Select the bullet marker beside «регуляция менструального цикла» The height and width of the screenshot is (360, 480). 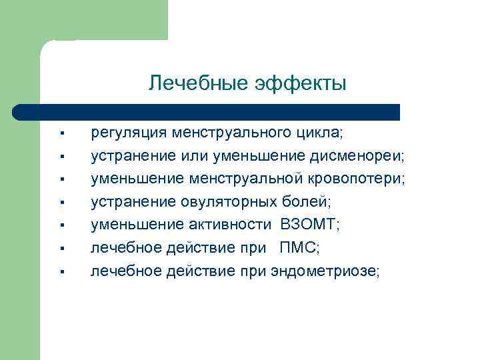click(x=60, y=135)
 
